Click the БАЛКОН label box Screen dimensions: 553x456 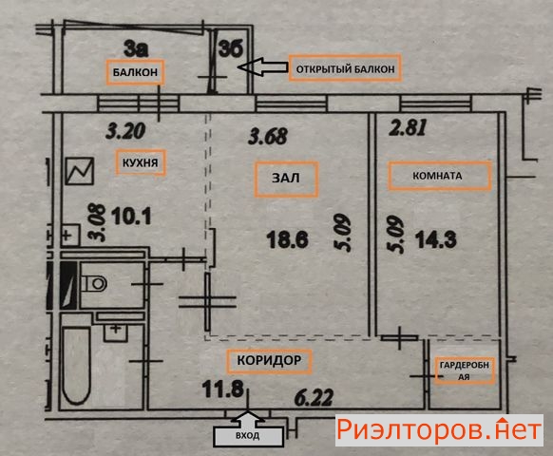pos(136,72)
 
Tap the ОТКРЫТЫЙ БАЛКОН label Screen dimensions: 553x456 pos(345,68)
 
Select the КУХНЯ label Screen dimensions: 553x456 pos(140,162)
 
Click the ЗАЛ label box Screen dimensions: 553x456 pos(286,179)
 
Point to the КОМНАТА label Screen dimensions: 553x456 pos(439,176)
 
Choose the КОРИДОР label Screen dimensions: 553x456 pos(269,361)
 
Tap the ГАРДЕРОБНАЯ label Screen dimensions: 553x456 pos(464,370)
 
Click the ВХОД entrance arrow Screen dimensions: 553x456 pos(248,427)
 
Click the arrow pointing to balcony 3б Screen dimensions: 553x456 pos(263,66)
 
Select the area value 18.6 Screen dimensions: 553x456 pos(288,239)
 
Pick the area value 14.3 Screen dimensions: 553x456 pos(436,239)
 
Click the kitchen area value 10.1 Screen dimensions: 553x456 pos(131,217)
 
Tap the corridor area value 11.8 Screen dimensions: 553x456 pos(223,389)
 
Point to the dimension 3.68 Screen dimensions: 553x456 pos(268,136)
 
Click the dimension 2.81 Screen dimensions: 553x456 pos(408,127)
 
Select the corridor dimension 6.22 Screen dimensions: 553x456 pos(314,398)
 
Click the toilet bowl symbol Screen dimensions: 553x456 pos(94,283)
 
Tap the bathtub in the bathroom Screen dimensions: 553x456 pos(77,366)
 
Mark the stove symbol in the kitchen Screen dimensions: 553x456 pos(80,171)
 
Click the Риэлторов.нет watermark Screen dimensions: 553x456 pos(439,430)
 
